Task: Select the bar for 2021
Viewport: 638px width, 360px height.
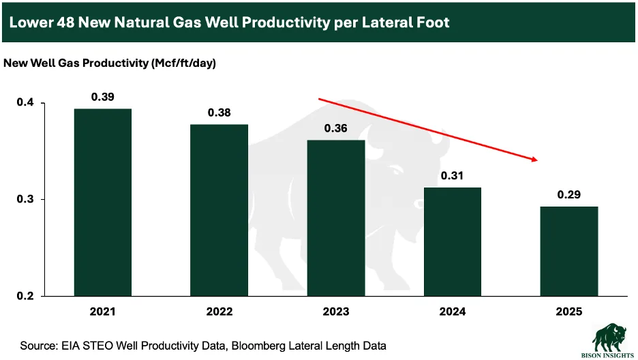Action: [x=103, y=202]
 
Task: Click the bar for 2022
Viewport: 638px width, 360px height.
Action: [x=219, y=210]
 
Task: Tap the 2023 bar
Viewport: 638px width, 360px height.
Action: [x=336, y=217]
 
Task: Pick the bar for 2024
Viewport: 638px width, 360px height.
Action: [x=453, y=241]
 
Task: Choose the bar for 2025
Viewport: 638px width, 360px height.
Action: [x=569, y=251]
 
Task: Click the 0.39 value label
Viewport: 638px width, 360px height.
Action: [x=103, y=97]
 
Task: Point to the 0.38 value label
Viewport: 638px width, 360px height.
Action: [x=219, y=112]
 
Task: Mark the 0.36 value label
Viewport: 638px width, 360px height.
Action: [x=336, y=128]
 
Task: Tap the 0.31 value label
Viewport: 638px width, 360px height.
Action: [x=453, y=176]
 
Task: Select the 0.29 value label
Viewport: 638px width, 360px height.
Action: [x=569, y=194]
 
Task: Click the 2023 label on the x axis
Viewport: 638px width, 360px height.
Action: [x=336, y=312]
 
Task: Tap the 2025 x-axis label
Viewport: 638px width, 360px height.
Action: [x=569, y=312]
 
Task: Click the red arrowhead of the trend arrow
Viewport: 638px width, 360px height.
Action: [x=535, y=160]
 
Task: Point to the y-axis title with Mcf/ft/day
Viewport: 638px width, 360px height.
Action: [x=110, y=63]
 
